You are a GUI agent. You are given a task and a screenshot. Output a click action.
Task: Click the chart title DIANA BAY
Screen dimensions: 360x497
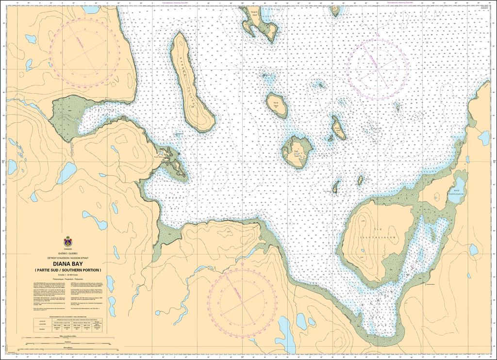pyautogui.click(x=67, y=263)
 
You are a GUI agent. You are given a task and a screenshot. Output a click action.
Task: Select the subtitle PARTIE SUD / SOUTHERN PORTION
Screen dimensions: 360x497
pyautogui.click(x=67, y=270)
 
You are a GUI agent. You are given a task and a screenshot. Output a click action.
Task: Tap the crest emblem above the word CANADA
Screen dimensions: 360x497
pyautogui.click(x=67, y=241)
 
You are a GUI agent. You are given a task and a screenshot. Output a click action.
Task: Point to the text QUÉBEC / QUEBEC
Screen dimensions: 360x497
pyautogui.click(x=67, y=253)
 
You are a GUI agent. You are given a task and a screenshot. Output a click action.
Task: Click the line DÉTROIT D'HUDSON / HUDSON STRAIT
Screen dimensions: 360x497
pyautogui.click(x=67, y=257)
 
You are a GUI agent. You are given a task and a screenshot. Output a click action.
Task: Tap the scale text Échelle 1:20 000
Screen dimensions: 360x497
pyautogui.click(x=67, y=276)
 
